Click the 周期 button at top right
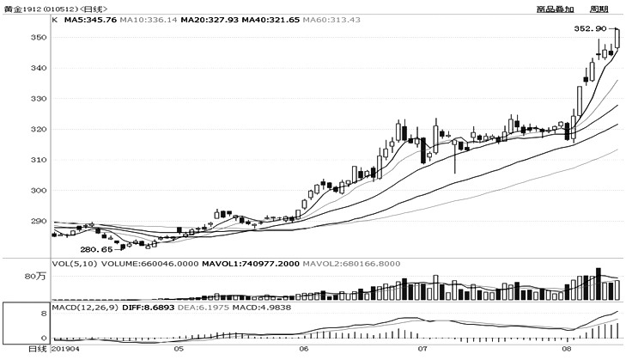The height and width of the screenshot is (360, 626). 599,9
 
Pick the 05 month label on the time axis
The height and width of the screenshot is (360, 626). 178,351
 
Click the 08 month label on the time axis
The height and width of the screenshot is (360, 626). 567,351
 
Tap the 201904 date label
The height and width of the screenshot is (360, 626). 67,351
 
